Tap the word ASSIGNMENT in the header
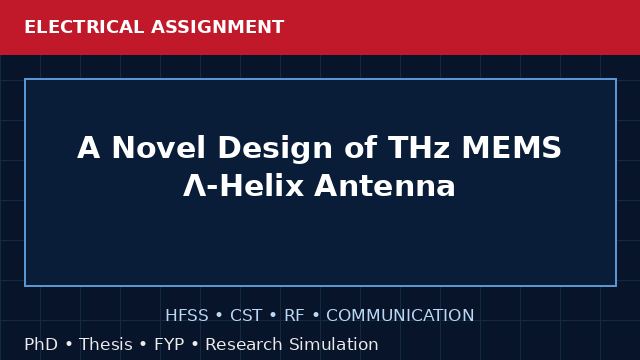(217, 27)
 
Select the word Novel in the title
(159, 147)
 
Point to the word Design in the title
(275, 149)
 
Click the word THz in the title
(418, 147)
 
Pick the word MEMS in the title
(512, 147)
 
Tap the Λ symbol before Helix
(195, 186)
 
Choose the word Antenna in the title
(384, 186)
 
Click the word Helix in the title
(261, 186)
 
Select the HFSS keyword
(187, 315)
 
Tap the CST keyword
(246, 315)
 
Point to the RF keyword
(294, 315)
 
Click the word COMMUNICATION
(400, 315)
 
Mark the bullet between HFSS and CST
(219, 316)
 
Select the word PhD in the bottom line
(41, 344)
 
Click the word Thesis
(106, 344)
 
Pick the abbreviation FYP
(169, 344)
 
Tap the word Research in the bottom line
(244, 344)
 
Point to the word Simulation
(334, 344)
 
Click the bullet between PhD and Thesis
(69, 344)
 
